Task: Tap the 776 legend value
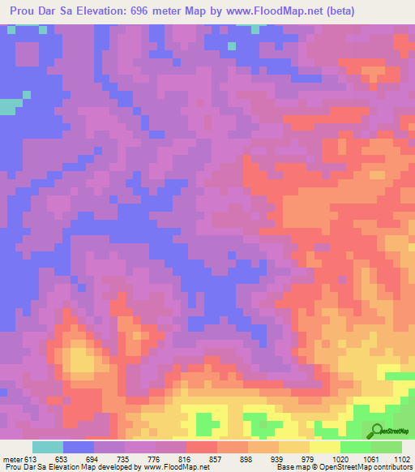click(x=157, y=459)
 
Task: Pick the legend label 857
click(x=224, y=459)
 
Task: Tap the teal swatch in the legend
click(x=48, y=447)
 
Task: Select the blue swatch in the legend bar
click(x=79, y=447)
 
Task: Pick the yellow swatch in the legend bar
click(x=325, y=447)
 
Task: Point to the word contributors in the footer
click(x=391, y=467)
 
